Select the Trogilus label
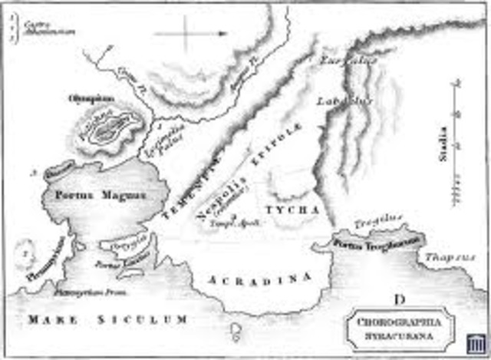point(378,223)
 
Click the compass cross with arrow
point(189,33)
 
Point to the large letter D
point(399,298)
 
